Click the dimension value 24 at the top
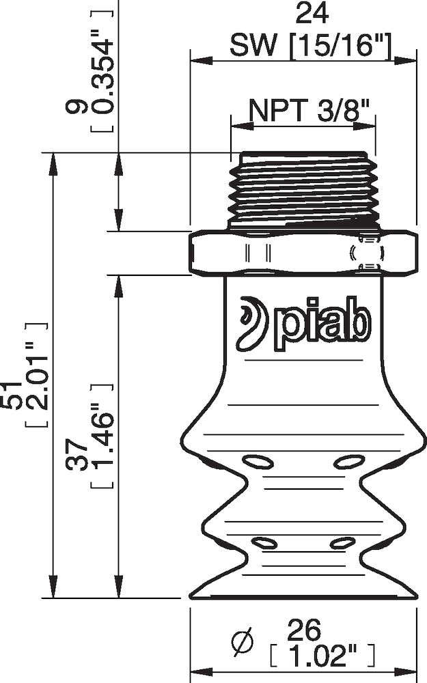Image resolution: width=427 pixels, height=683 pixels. [301, 14]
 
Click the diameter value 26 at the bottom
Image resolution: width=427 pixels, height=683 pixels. [305, 629]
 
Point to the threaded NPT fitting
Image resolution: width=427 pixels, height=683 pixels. [303, 190]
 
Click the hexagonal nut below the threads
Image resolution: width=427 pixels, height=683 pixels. [302, 253]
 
